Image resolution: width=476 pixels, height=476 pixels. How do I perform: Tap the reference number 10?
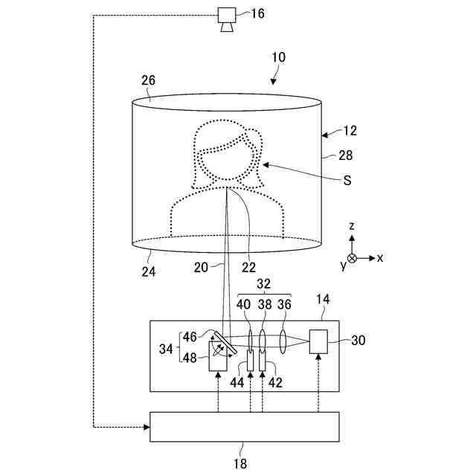tap(278, 57)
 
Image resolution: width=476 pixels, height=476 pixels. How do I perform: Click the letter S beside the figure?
tap(347, 180)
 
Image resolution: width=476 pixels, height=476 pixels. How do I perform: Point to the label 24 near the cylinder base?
tap(148, 271)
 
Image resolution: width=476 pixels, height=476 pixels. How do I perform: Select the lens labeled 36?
tap(283, 341)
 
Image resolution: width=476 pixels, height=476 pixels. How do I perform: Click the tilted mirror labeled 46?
tap(221, 341)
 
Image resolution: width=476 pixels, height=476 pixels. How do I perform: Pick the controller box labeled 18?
tap(245, 426)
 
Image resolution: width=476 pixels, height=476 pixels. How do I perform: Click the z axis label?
tap(353, 225)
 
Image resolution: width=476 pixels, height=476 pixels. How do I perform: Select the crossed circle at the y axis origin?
tap(353, 257)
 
